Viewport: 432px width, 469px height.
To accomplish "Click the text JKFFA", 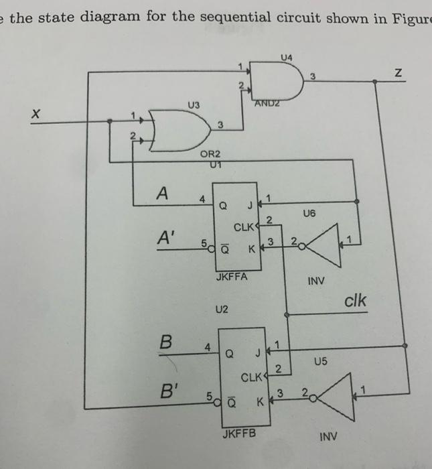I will (232, 275).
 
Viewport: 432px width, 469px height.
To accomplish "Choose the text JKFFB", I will (238, 433).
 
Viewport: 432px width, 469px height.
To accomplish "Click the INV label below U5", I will (328, 436).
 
